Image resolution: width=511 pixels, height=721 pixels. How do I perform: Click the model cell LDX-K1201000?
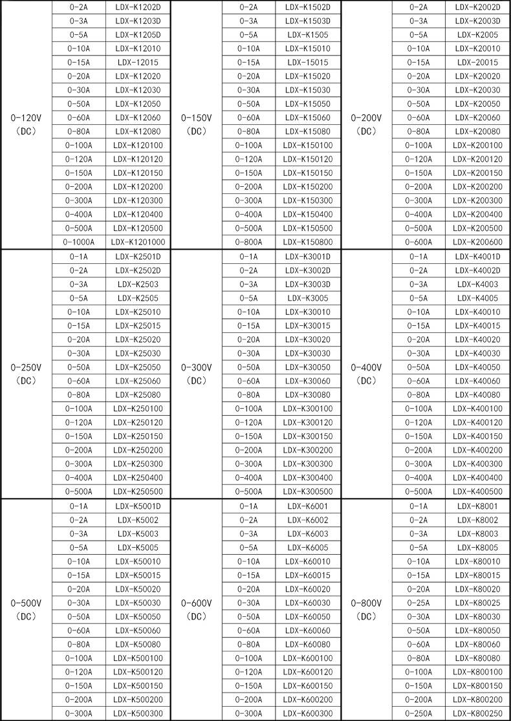pos(138,242)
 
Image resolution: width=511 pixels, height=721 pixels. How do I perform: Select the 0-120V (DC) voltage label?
pos(27,124)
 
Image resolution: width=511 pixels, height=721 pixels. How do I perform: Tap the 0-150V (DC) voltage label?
pos(197,124)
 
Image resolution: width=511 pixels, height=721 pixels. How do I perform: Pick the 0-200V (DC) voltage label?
pos(367,124)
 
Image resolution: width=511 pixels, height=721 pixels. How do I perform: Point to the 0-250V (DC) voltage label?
pos(27,373)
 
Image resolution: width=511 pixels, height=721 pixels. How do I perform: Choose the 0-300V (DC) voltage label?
pos(197,373)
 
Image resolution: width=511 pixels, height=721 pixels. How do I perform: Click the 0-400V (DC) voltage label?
pos(367,373)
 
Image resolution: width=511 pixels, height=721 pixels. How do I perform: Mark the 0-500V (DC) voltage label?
pos(27,609)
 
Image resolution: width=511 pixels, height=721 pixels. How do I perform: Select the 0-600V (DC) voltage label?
pos(197,609)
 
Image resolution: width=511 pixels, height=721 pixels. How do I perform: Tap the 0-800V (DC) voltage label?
pos(367,609)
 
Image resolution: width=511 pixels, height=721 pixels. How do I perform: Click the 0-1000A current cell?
pos(79,242)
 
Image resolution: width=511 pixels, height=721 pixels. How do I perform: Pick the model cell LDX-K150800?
pos(308,242)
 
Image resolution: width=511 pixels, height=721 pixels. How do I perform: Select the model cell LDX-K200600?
pos(477,242)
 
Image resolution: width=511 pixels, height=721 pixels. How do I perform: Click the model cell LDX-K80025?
pos(477,603)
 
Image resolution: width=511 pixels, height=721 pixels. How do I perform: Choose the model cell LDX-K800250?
pos(477,713)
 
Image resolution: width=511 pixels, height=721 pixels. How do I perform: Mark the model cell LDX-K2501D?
pos(138,256)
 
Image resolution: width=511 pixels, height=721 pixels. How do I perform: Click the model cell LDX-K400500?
pos(477,491)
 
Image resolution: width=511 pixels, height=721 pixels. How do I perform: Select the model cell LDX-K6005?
pos(308,547)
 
